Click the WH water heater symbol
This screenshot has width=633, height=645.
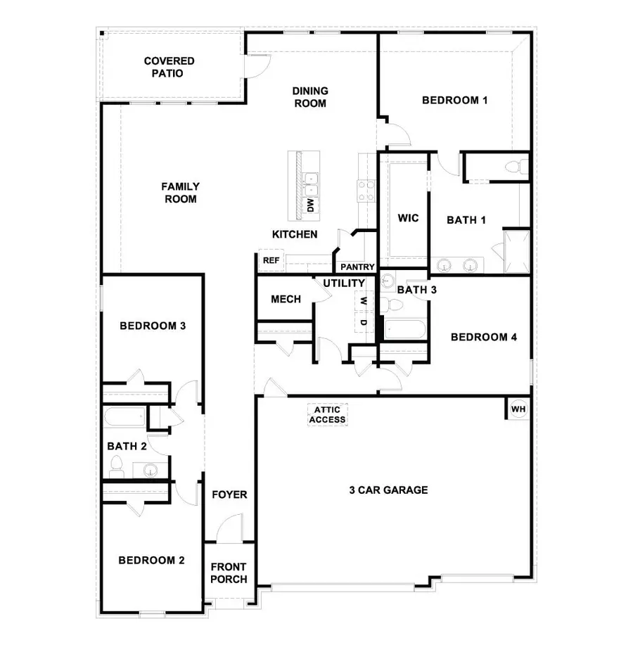click(518, 409)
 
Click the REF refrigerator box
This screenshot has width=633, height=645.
click(271, 261)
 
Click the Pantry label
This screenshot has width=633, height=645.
click(357, 267)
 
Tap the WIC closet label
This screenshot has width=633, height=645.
click(408, 218)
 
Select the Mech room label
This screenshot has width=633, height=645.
click(286, 299)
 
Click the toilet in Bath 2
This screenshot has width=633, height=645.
click(117, 464)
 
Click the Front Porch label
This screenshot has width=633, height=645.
click(229, 573)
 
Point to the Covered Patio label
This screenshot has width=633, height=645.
click(170, 67)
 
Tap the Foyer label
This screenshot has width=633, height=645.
click(229, 494)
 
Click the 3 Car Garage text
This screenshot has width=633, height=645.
click(388, 490)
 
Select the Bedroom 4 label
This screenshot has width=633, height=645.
click(483, 337)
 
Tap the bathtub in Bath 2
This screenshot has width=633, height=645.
click(124, 418)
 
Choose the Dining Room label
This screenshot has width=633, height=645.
click(309, 97)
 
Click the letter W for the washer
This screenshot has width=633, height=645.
click(364, 301)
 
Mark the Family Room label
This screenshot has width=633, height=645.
click(180, 193)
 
